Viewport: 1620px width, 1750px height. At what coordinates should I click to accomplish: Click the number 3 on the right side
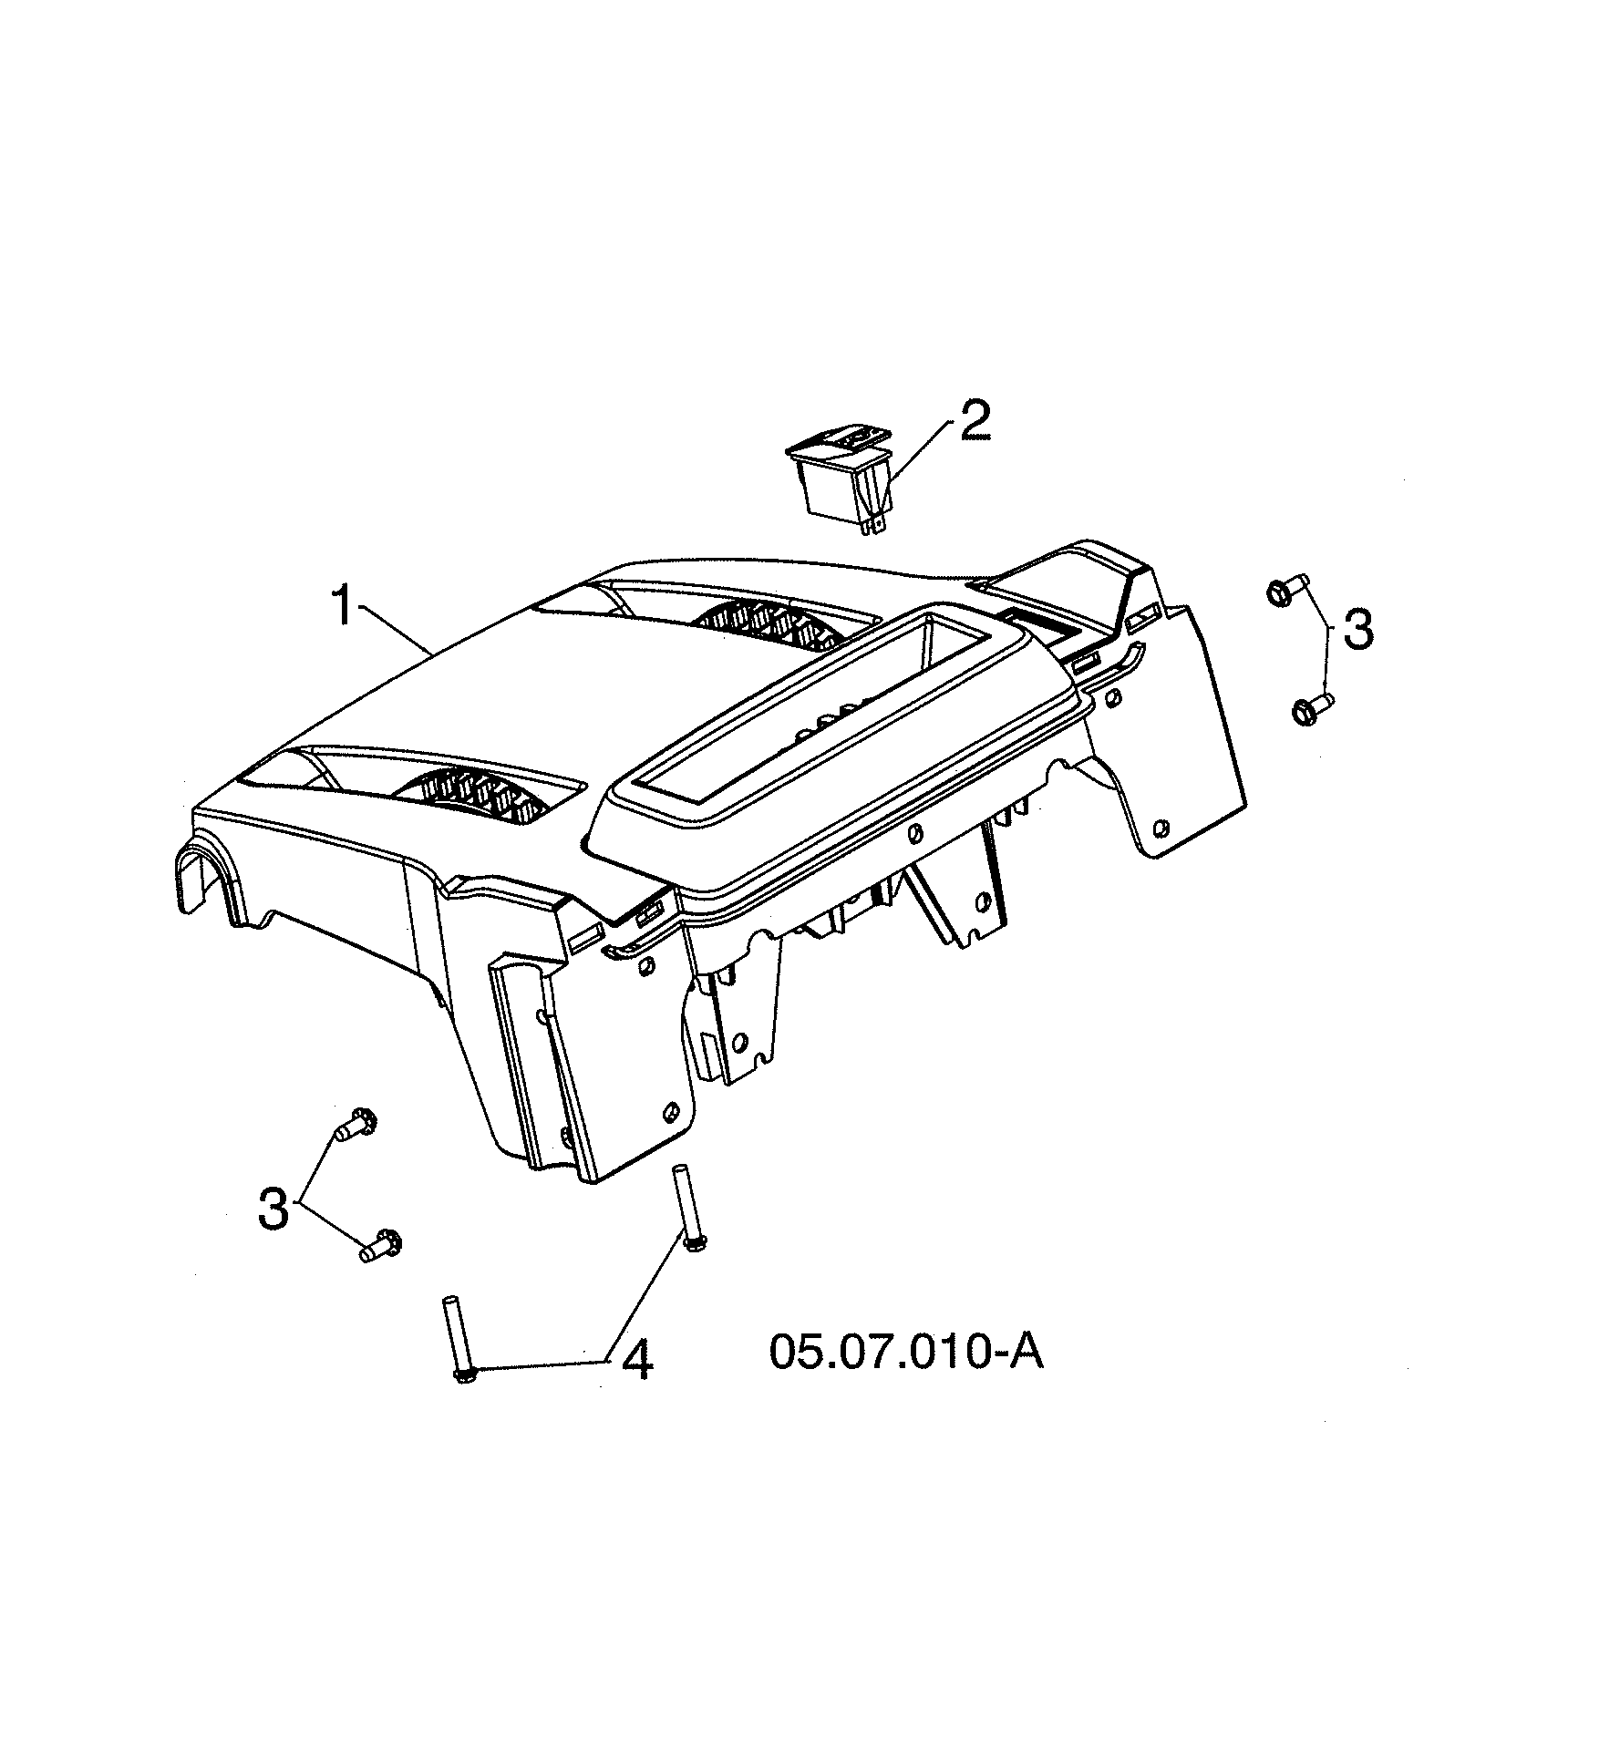pyautogui.click(x=1357, y=631)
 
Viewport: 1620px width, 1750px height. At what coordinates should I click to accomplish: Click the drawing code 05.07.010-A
pyautogui.click(x=905, y=1376)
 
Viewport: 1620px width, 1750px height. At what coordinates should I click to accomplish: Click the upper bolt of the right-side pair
pyautogui.click(x=1286, y=590)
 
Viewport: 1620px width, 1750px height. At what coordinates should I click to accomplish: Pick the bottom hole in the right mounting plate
pyautogui.click(x=1160, y=829)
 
